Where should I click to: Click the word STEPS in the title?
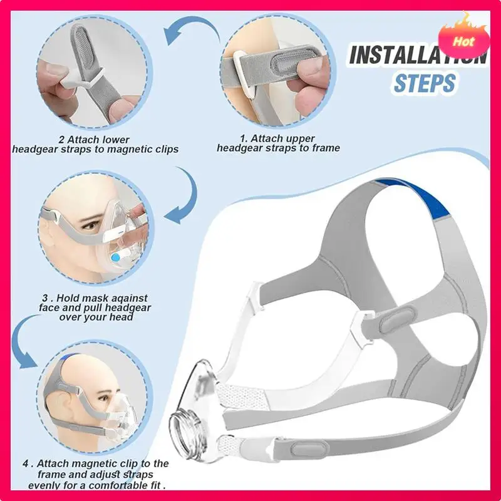click(424, 83)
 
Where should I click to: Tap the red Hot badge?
click(464, 42)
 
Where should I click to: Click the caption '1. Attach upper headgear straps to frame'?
click(278, 143)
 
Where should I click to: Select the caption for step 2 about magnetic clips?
click(95, 145)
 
